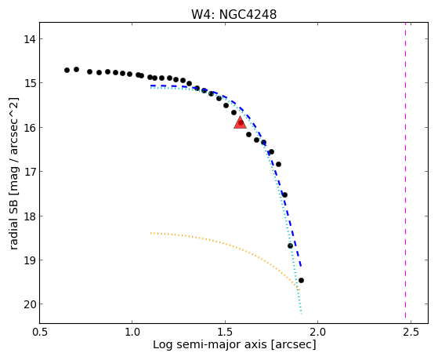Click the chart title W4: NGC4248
[233, 15]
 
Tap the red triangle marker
[240, 123]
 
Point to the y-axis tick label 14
[29, 39]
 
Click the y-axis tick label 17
[29, 172]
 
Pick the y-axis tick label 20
[29, 304]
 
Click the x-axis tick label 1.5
[226, 332]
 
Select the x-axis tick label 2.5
[411, 332]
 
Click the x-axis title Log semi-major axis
[210, 344]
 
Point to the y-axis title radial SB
[13, 223]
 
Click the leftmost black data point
[67, 71]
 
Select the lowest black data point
[301, 280]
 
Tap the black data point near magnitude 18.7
[290, 245]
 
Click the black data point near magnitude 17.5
[284, 195]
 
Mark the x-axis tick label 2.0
[318, 332]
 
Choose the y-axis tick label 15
[29, 83]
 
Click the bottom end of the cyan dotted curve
[301, 313]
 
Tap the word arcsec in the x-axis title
[292, 344]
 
